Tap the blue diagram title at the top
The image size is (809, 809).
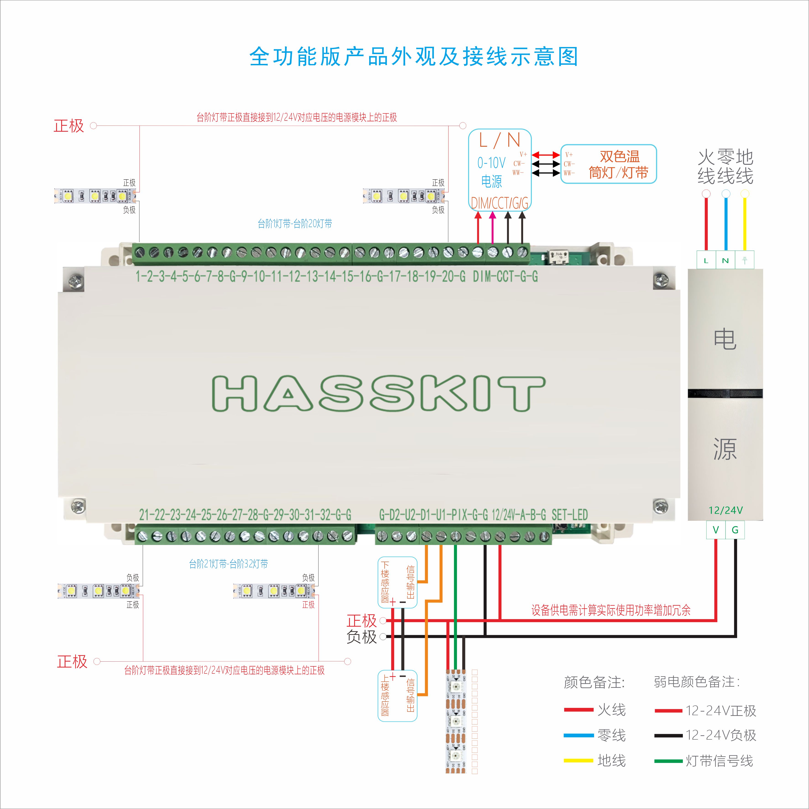(414, 57)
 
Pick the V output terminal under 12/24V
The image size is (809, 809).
(716, 530)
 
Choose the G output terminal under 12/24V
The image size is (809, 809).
(735, 530)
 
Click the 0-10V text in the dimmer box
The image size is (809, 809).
(491, 163)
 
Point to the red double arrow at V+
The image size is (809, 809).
(546, 155)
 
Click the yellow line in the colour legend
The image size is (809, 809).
(578, 760)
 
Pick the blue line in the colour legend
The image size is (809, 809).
(578, 735)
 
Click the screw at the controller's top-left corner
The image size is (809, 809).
(76, 280)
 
